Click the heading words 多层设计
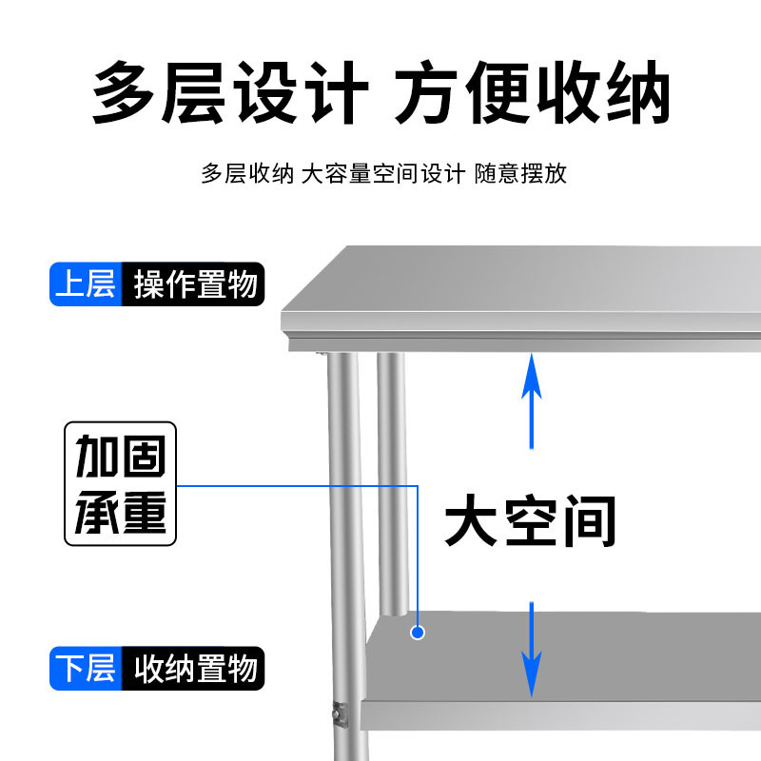(x=229, y=92)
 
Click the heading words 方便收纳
(x=532, y=92)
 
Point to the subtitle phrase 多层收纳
(x=246, y=174)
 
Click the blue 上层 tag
(x=86, y=284)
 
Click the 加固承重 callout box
(x=121, y=484)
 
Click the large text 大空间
(x=531, y=520)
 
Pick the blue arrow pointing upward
(x=533, y=400)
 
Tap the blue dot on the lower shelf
(x=417, y=632)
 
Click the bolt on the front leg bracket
(x=336, y=710)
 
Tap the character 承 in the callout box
(x=96, y=513)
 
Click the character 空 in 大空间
(x=531, y=520)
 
